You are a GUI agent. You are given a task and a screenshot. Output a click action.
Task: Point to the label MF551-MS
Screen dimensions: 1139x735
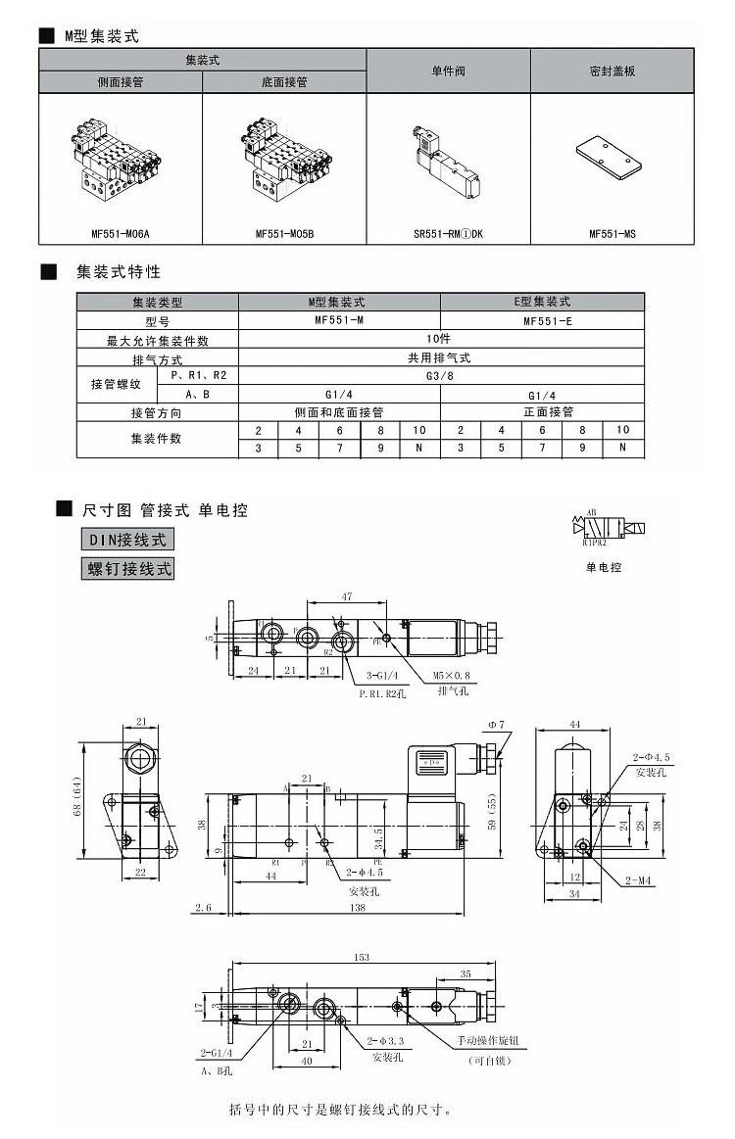pyautogui.click(x=612, y=234)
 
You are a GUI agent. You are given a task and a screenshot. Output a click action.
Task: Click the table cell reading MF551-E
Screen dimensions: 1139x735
pyautogui.click(x=542, y=321)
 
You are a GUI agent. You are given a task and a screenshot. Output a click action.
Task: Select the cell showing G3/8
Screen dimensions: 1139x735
pyautogui.click(x=441, y=376)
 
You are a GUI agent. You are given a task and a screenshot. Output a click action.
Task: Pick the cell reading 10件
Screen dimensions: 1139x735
pyautogui.click(x=441, y=340)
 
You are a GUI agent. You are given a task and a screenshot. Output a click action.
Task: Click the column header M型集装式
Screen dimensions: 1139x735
pyautogui.click(x=339, y=303)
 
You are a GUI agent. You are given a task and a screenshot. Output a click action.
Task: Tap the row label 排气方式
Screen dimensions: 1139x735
pyautogui.click(x=158, y=358)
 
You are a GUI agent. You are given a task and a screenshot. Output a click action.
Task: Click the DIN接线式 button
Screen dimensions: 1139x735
pyautogui.click(x=126, y=539)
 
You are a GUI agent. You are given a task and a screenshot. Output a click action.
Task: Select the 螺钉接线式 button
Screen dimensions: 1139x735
pyautogui.click(x=126, y=568)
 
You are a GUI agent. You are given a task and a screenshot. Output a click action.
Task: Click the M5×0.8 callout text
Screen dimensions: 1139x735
pyautogui.click(x=451, y=676)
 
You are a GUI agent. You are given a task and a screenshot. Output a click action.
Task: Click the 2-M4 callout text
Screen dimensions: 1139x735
pyautogui.click(x=639, y=879)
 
